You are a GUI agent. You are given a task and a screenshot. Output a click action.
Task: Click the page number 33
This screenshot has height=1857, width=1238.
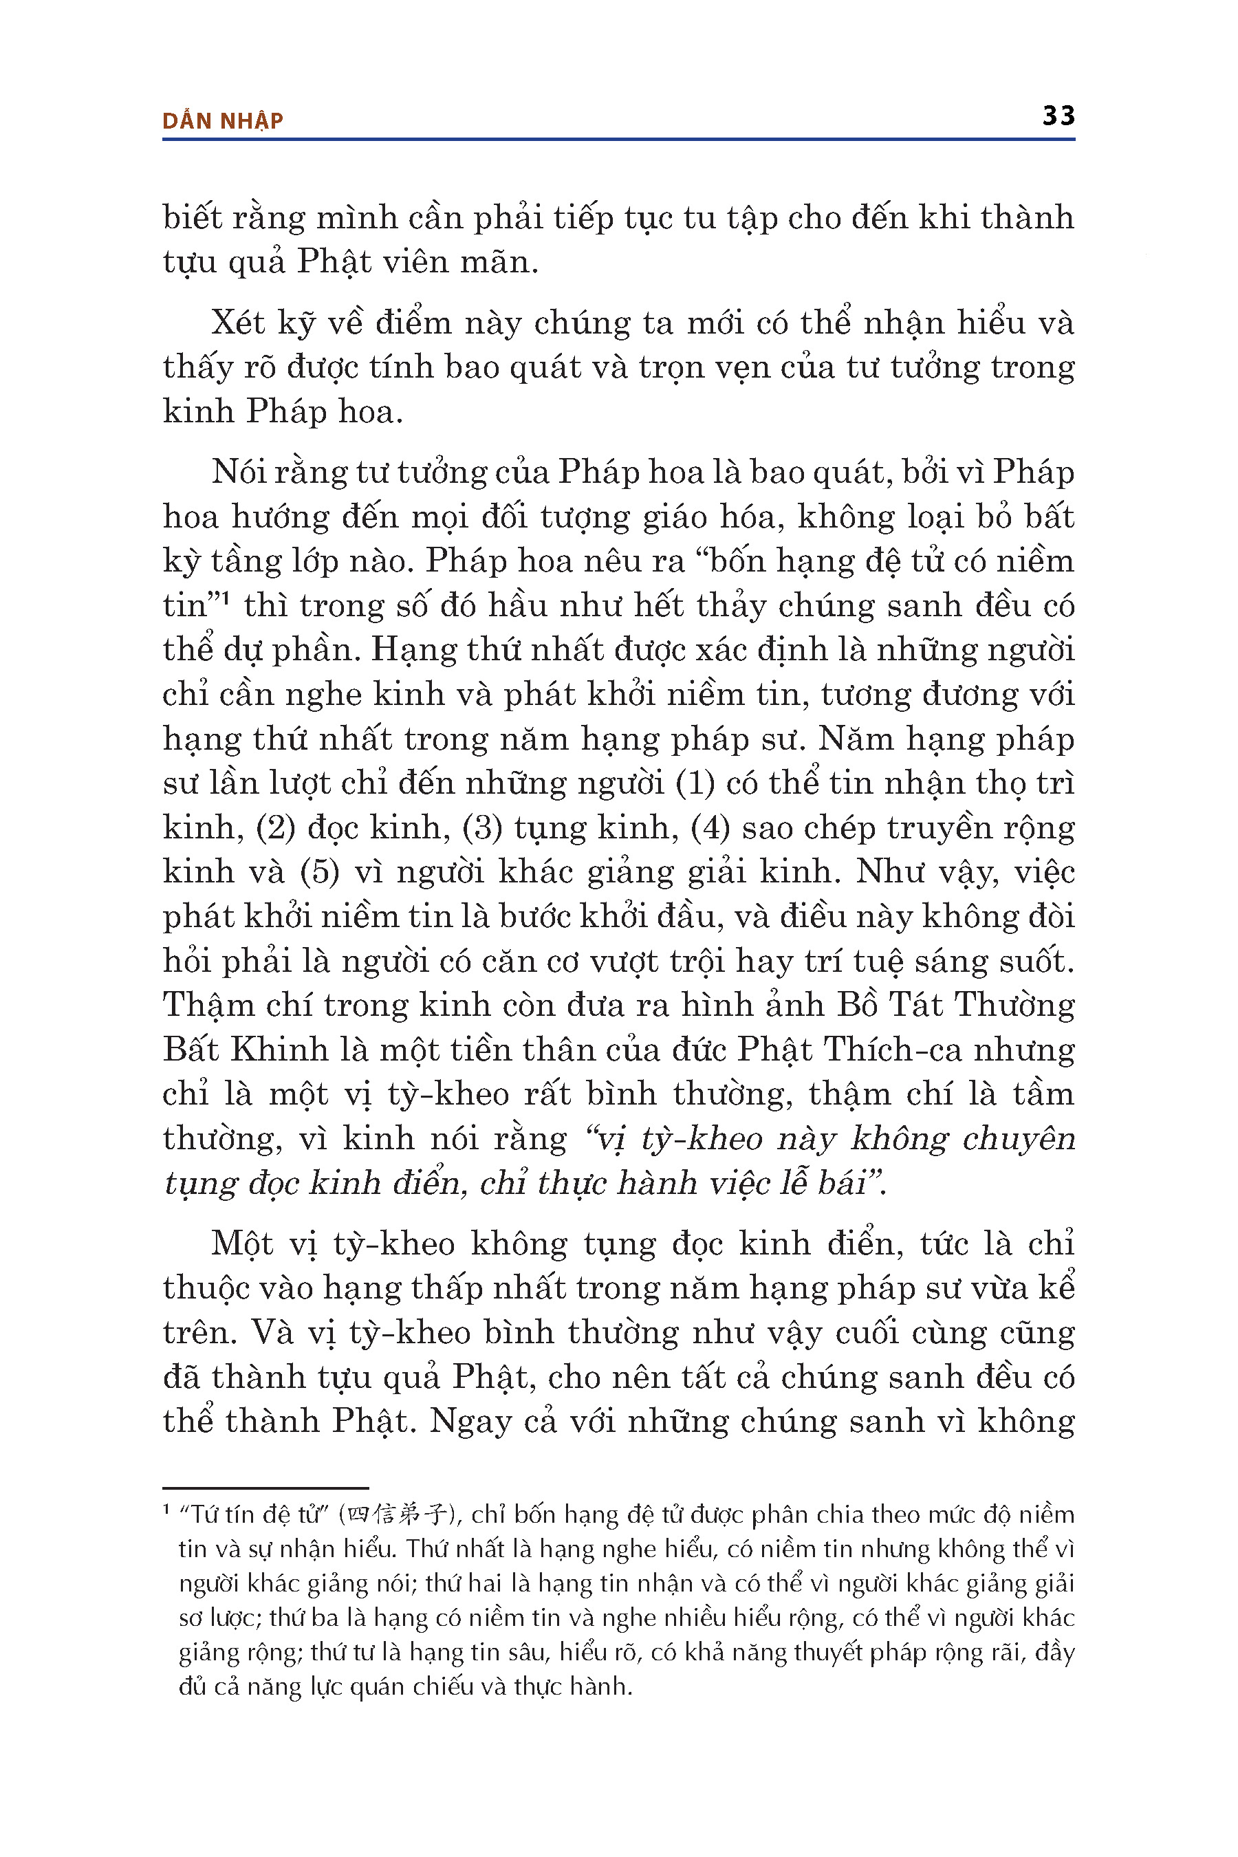coord(1058,116)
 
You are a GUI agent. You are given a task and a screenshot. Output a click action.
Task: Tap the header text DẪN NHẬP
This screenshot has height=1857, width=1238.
coord(223,121)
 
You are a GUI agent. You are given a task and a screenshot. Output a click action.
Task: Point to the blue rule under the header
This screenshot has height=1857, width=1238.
coord(618,139)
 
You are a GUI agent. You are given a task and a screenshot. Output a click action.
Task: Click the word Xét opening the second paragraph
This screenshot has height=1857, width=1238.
coord(238,324)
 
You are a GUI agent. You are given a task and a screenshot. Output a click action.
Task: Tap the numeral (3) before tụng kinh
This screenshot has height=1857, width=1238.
coord(481,827)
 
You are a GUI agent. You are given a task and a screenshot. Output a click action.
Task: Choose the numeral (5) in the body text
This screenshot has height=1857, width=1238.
coord(320,871)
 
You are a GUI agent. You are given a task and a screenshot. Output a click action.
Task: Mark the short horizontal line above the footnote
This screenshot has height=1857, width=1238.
coord(265,1488)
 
